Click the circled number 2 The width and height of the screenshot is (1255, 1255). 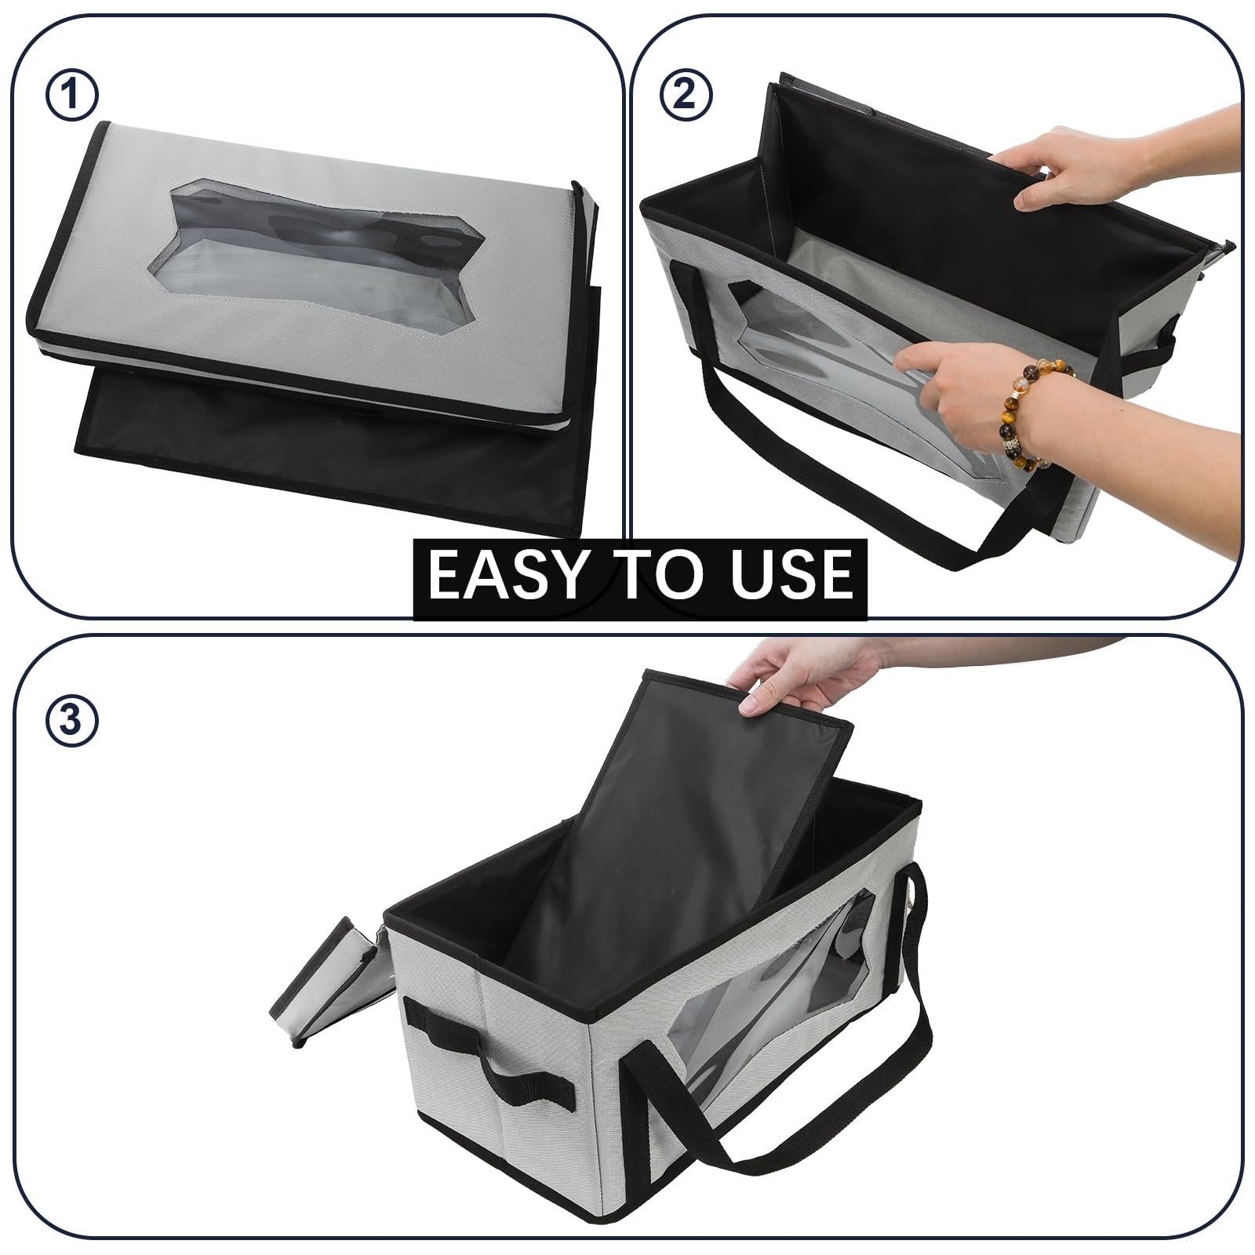point(686,96)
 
